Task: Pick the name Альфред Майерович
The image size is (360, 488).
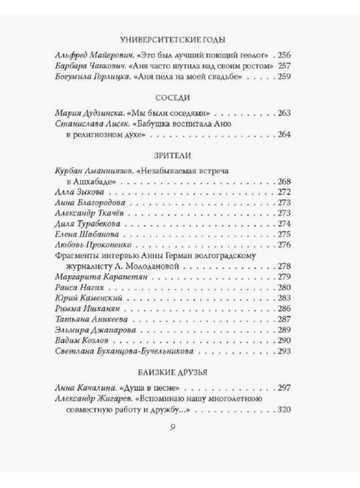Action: [x=91, y=56]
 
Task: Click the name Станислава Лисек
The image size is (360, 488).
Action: [x=88, y=125]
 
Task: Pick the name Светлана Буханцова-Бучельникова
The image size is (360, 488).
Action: [x=120, y=349]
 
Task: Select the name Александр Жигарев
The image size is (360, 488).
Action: [x=89, y=398]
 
